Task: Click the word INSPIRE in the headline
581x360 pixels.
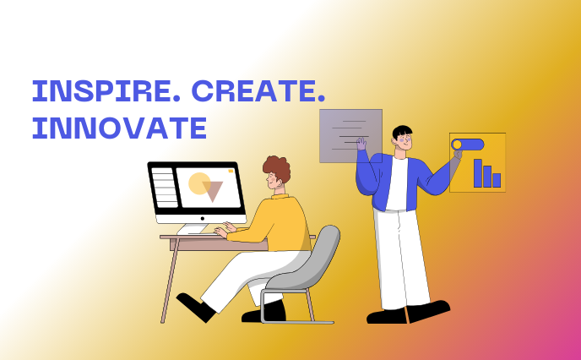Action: click(106, 90)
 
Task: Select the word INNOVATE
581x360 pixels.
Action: click(119, 128)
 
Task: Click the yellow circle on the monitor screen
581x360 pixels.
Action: click(198, 183)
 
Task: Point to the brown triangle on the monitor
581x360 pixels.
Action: click(213, 189)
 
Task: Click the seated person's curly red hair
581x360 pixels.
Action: click(277, 168)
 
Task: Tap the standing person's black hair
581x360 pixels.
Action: click(402, 132)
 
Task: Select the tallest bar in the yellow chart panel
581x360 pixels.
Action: click(478, 173)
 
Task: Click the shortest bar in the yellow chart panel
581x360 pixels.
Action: click(497, 180)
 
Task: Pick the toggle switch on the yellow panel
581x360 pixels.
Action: click(468, 145)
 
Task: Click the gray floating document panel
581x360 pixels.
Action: click(350, 136)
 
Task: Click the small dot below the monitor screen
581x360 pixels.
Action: click(203, 219)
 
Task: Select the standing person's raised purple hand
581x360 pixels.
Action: click(361, 144)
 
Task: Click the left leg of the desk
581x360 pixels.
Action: click(171, 280)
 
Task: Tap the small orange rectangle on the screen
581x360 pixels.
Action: click(231, 171)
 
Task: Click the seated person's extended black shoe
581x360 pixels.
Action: click(195, 308)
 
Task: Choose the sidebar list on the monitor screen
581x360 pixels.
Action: click(165, 188)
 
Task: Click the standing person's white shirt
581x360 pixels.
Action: click(397, 183)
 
